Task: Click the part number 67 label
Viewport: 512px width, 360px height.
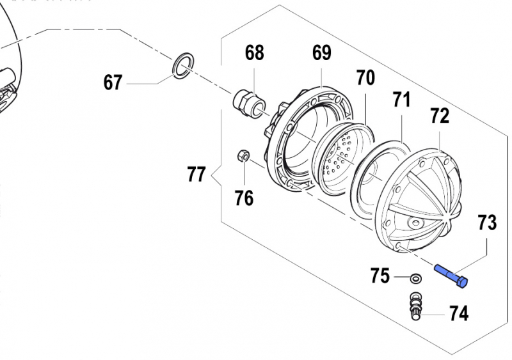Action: tap(113, 82)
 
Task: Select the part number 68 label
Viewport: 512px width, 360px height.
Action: tap(254, 53)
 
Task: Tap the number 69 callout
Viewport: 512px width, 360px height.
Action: tap(321, 53)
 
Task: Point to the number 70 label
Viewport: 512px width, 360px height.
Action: tap(365, 78)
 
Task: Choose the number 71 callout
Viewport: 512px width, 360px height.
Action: tap(401, 100)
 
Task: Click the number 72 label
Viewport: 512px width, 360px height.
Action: tap(440, 116)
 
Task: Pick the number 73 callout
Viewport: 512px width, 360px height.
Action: tap(486, 223)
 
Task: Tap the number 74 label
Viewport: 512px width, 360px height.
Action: tap(458, 313)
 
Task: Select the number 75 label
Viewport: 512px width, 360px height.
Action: tap(380, 276)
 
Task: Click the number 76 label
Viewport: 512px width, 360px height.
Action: tap(244, 198)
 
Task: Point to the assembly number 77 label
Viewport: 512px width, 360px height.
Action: tap(196, 174)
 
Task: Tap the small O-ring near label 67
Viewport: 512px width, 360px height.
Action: tap(183, 65)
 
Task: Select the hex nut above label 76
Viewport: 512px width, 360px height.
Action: tap(243, 155)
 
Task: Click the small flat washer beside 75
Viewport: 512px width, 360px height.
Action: tap(415, 278)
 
